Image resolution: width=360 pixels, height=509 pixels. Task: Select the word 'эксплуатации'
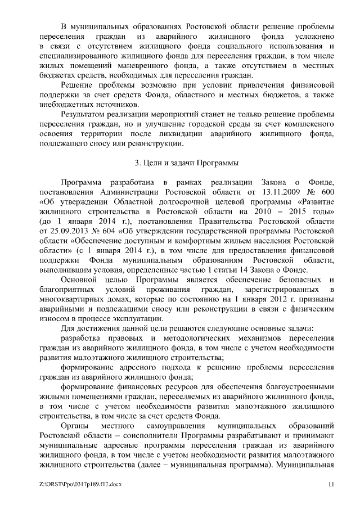[x=133, y=318]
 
